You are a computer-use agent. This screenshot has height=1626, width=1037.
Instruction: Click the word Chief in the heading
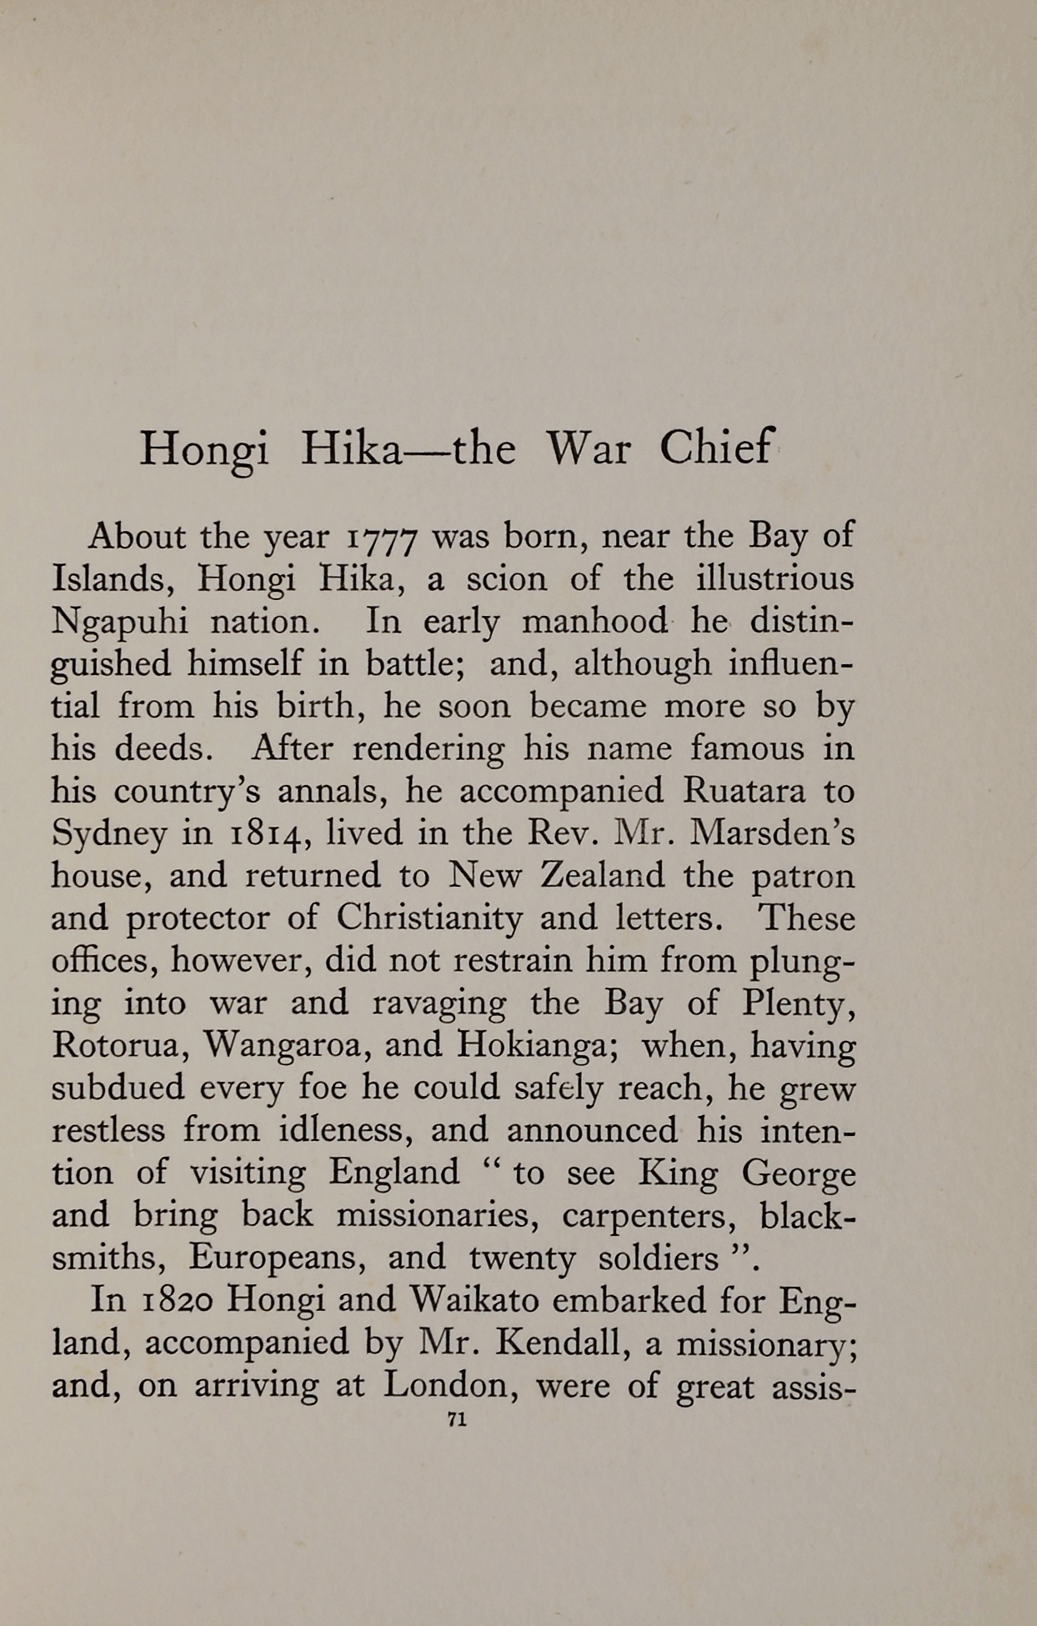point(717,448)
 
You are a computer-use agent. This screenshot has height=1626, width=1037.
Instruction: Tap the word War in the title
point(588,448)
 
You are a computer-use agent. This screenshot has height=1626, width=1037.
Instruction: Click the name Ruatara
point(744,790)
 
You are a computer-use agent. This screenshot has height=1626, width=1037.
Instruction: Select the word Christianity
point(429,918)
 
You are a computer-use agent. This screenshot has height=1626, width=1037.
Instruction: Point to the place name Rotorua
point(116,1044)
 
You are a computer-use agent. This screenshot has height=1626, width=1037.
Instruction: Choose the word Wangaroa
point(284,1046)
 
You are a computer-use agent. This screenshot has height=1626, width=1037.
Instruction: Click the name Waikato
point(478,1300)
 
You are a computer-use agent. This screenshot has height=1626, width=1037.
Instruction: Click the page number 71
point(456,1420)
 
